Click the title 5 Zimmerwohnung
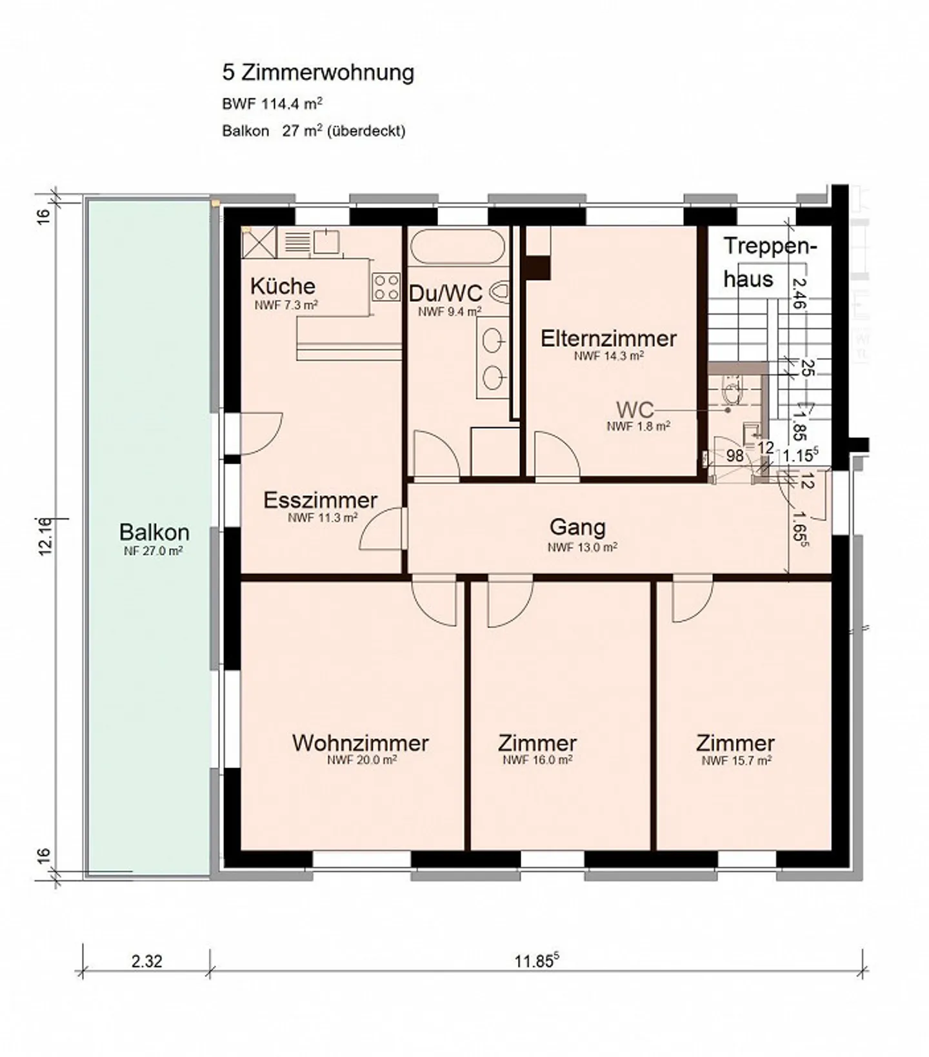pos(318,72)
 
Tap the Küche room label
pos(283,286)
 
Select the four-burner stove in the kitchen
pos(386,287)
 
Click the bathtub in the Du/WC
pos(457,246)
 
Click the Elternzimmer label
pos(608,339)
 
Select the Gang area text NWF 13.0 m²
pos(582,548)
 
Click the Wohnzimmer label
pos(360,743)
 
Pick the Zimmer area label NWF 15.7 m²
pos(736,761)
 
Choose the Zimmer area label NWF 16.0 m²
pos(537,760)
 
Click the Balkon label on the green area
pos(154,533)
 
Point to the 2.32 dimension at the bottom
pos(146,961)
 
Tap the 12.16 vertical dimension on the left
pos(44,536)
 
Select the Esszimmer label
pos(320,500)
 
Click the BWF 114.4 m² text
pos(272,103)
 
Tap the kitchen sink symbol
pos(326,242)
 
